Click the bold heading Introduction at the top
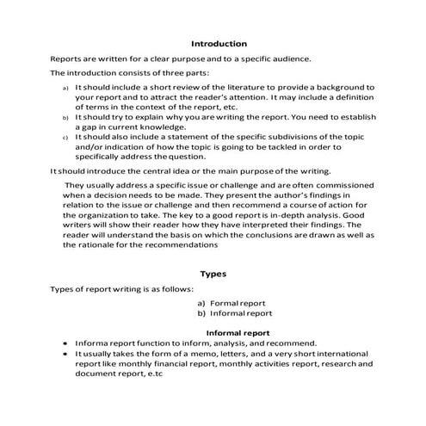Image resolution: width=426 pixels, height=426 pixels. coord(219,43)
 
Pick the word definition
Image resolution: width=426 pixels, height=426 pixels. coord(348,99)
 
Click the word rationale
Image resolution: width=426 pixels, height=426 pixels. coord(88,245)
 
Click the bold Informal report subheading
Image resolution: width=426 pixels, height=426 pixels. coord(238,331)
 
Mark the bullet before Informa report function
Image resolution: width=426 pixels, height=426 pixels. coord(65,342)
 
